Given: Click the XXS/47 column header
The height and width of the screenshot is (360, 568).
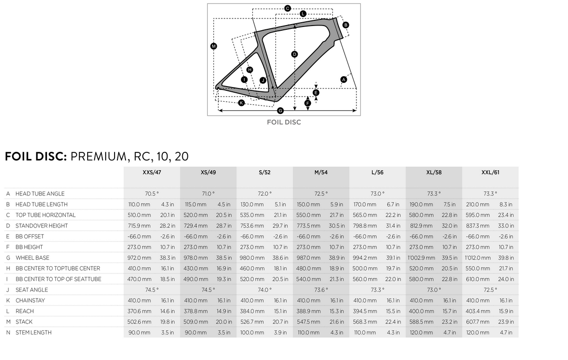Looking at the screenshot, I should coord(152,173).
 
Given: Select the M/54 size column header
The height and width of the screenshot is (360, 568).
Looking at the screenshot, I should coord(321,173).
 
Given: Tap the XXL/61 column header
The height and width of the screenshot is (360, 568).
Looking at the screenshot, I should coord(490,173).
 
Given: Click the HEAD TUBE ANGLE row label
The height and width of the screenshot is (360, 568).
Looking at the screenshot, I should coord(40,193).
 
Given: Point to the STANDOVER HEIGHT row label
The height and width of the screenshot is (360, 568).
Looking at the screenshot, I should coord(41,226).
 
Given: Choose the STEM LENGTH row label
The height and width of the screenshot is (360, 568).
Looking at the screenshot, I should coord(33,333).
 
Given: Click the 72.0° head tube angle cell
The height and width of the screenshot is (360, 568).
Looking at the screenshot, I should coord(265,193).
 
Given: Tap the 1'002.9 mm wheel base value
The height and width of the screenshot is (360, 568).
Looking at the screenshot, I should coord(421,258).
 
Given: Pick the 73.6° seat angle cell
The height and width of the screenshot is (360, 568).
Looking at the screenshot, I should coord(321,290).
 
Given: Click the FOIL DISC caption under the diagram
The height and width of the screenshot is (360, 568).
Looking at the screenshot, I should coord(284,122).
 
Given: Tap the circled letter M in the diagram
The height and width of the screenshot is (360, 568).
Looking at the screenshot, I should coord(213,46).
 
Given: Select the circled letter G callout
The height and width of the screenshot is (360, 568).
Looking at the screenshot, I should coord(280,111).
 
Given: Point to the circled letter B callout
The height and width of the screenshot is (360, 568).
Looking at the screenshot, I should coord(346,25).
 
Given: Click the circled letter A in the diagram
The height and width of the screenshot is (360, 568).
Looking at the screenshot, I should coord(344,79).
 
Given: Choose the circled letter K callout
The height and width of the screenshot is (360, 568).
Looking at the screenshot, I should coord(241,103).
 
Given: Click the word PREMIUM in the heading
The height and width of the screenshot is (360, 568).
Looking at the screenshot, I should coord(99,156).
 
